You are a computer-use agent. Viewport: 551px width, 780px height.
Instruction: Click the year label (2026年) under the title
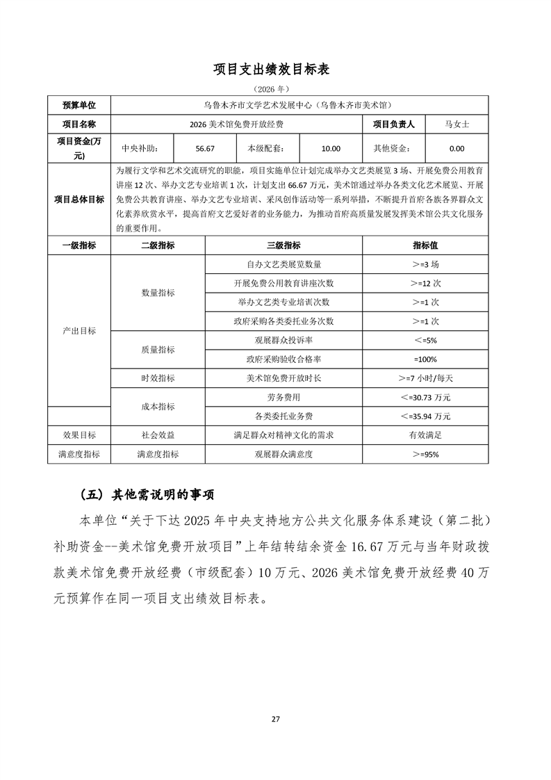(x=276, y=90)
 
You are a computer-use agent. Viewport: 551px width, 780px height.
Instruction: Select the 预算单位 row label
(x=79, y=105)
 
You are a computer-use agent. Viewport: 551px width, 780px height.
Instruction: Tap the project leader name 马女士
(x=457, y=124)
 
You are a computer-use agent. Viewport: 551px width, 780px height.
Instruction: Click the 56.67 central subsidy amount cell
(x=205, y=148)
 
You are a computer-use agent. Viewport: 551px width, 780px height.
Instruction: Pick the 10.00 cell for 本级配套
(x=331, y=148)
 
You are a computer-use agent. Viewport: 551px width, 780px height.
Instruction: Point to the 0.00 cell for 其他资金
(x=457, y=148)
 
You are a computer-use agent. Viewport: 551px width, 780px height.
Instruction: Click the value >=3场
(x=425, y=265)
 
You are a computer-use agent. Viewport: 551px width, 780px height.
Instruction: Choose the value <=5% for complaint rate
(x=425, y=341)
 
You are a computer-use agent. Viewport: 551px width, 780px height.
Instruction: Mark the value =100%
(x=425, y=359)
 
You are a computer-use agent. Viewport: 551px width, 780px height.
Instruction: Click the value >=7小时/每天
(x=425, y=378)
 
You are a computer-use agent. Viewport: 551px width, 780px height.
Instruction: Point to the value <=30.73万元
(x=425, y=397)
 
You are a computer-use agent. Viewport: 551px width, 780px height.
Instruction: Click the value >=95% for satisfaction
(x=425, y=454)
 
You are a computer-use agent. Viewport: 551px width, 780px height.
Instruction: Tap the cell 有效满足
(x=425, y=434)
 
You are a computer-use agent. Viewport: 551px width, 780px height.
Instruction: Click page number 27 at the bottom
(x=276, y=719)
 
